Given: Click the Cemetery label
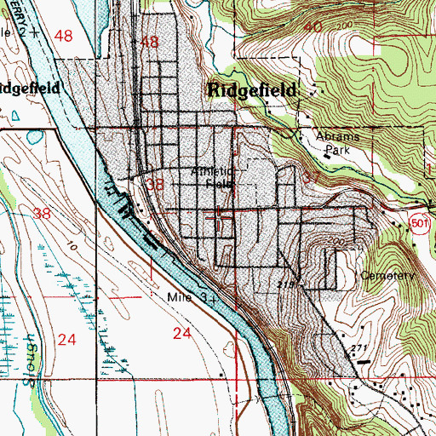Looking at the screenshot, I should (387, 276).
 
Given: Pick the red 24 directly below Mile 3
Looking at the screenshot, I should (181, 335).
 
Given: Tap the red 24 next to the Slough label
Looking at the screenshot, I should (67, 339).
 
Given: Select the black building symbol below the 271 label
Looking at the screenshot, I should (363, 362).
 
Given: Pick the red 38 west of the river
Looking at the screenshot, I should (43, 215).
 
